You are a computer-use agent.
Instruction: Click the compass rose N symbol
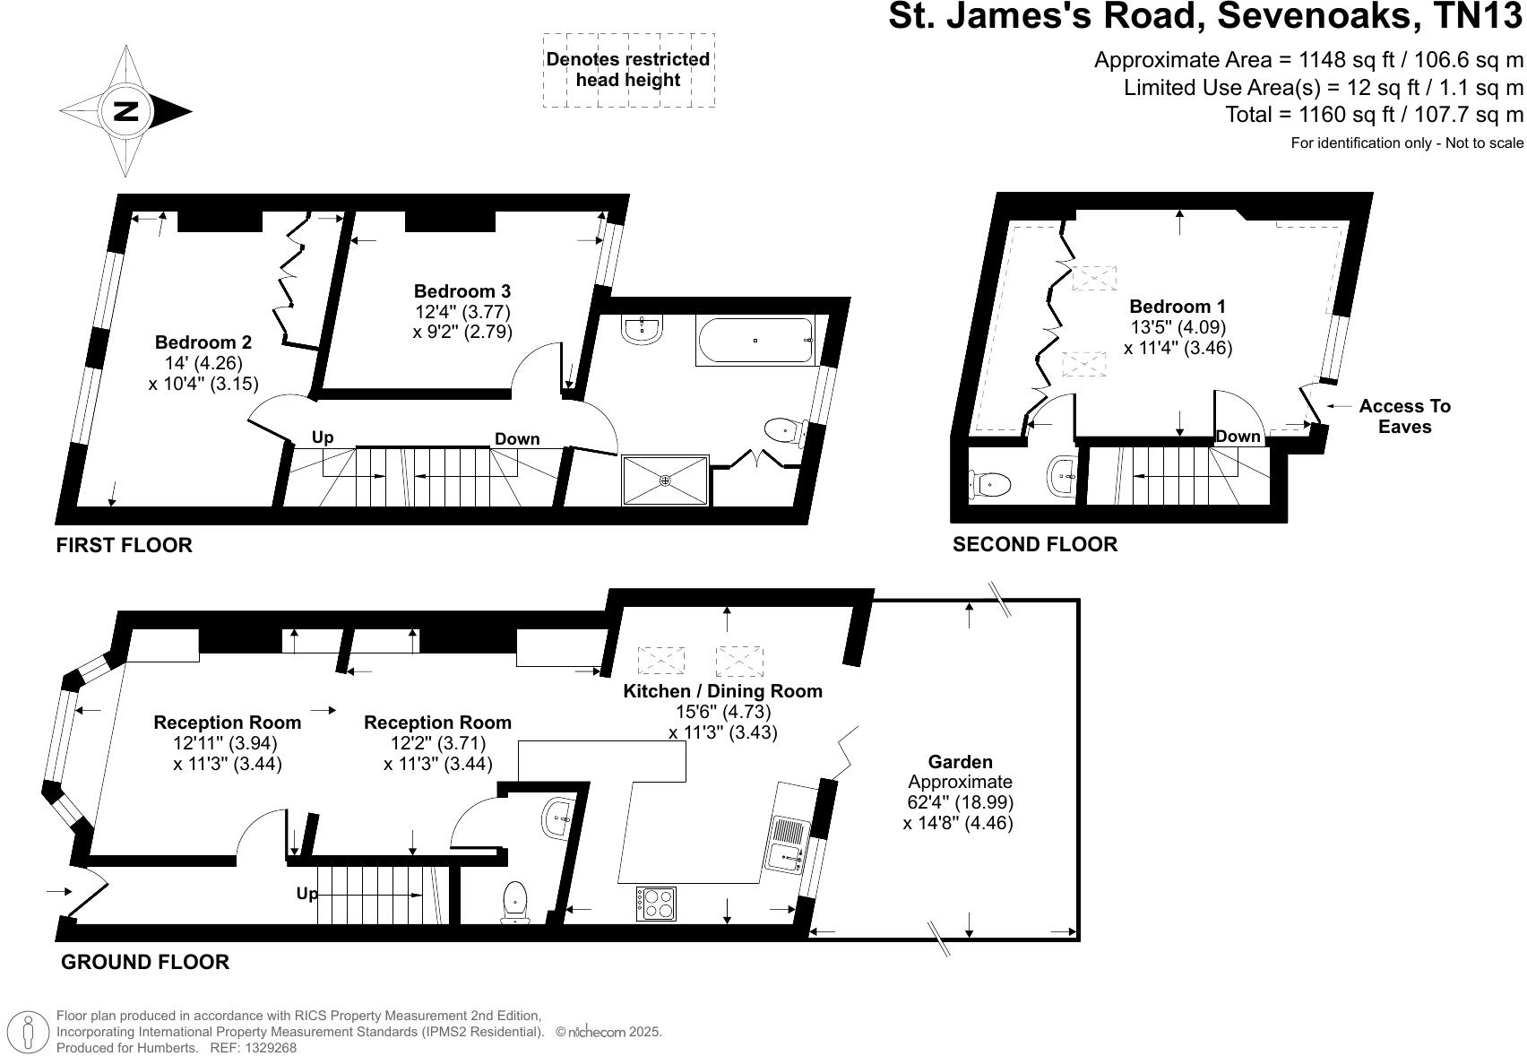125,111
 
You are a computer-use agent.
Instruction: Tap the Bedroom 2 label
203,342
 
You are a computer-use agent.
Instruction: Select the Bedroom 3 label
462,291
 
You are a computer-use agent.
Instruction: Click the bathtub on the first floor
755,341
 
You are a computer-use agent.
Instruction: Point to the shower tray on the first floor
665,481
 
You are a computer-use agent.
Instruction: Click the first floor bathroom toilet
782,430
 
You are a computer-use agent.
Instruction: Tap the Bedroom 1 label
1178,307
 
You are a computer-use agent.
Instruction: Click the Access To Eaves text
1404,416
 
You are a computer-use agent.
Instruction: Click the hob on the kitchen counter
657,903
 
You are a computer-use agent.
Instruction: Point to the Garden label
960,762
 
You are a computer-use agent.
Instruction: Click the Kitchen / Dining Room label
722,691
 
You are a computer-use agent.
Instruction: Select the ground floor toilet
514,901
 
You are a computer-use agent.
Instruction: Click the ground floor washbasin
557,818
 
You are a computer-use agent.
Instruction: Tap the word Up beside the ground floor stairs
306,894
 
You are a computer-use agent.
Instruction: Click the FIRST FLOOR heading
124,545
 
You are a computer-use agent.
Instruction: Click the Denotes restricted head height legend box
628,70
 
